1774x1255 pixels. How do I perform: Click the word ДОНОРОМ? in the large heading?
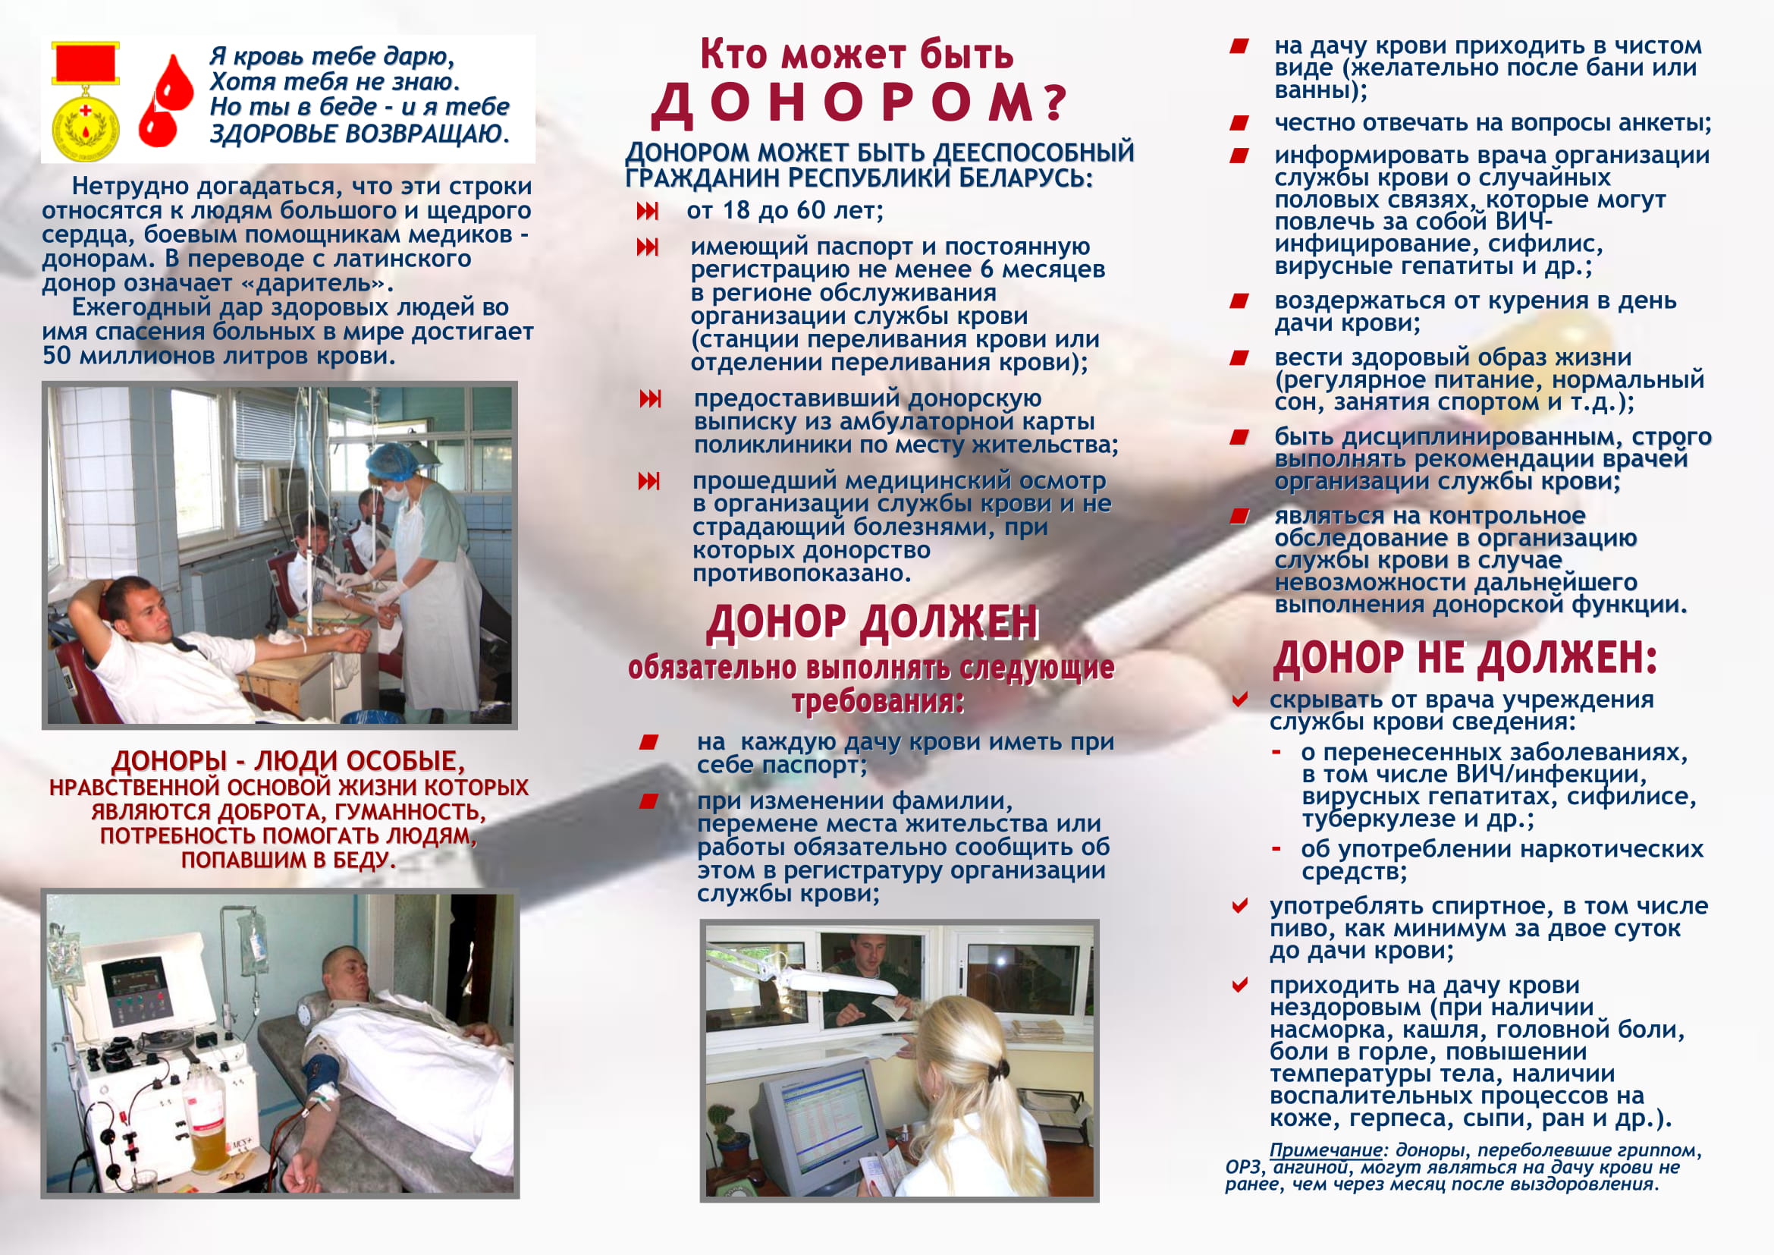pyautogui.click(x=858, y=103)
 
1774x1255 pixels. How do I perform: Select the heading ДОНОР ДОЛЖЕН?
pyautogui.click(x=872, y=623)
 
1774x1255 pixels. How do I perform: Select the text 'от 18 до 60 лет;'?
pyautogui.click(x=784, y=210)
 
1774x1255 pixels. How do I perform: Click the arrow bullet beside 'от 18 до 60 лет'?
pyautogui.click(x=648, y=211)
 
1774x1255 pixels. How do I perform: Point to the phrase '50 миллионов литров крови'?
pyautogui.click(x=218, y=357)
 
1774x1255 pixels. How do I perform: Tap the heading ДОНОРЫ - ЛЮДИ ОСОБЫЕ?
pyautogui.click(x=288, y=761)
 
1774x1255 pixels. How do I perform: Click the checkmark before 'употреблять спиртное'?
pyautogui.click(x=1239, y=906)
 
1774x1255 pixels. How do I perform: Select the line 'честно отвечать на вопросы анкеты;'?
pyautogui.click(x=1493, y=123)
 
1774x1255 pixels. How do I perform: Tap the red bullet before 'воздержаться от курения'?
pyautogui.click(x=1239, y=300)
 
